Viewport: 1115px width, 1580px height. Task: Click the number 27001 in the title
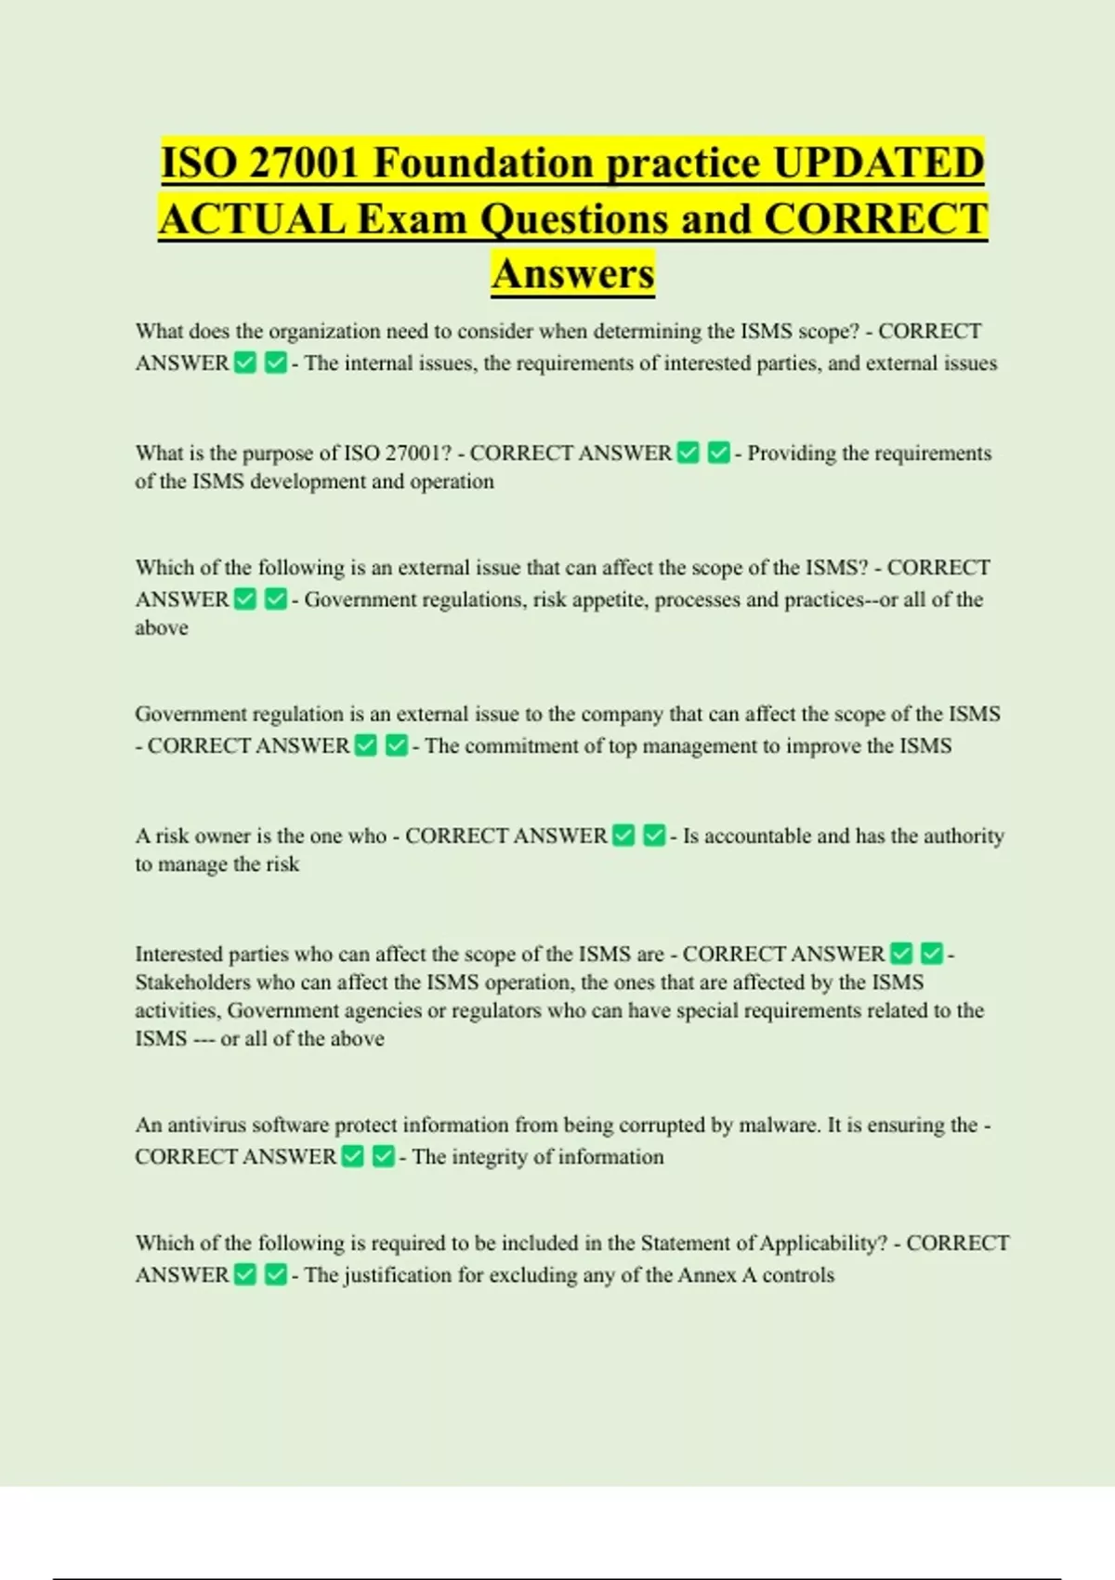[x=304, y=163]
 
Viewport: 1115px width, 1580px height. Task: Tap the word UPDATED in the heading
[x=878, y=163]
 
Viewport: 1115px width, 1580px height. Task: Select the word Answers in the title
[x=573, y=274]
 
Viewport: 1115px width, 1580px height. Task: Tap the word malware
[x=779, y=1126]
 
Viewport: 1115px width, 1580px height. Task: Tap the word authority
[x=964, y=836]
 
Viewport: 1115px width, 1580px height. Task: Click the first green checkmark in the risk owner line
[x=624, y=836]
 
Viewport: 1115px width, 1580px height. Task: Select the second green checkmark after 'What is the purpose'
[x=718, y=454]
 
